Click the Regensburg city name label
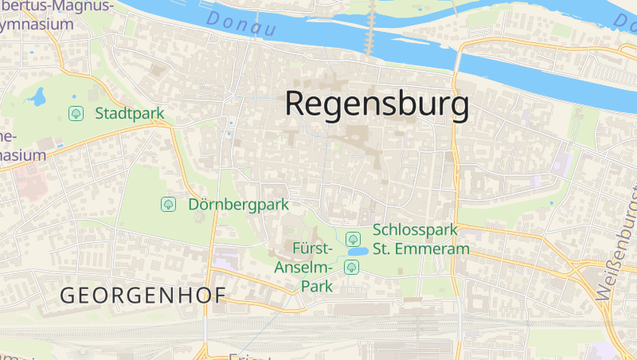pyautogui.click(x=376, y=104)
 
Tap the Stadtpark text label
pyautogui.click(x=129, y=113)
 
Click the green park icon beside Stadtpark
pyautogui.click(x=76, y=113)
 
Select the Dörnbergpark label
pyautogui.click(x=238, y=205)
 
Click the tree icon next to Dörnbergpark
pyautogui.click(x=168, y=205)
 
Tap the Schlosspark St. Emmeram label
pyautogui.click(x=420, y=239)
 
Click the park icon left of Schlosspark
pyautogui.click(x=353, y=238)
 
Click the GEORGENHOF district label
pyautogui.click(x=143, y=295)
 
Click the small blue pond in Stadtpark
pyautogui.click(x=36, y=98)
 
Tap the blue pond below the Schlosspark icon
pyautogui.click(x=356, y=252)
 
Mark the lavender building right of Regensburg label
pyautogui.click(x=562, y=163)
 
